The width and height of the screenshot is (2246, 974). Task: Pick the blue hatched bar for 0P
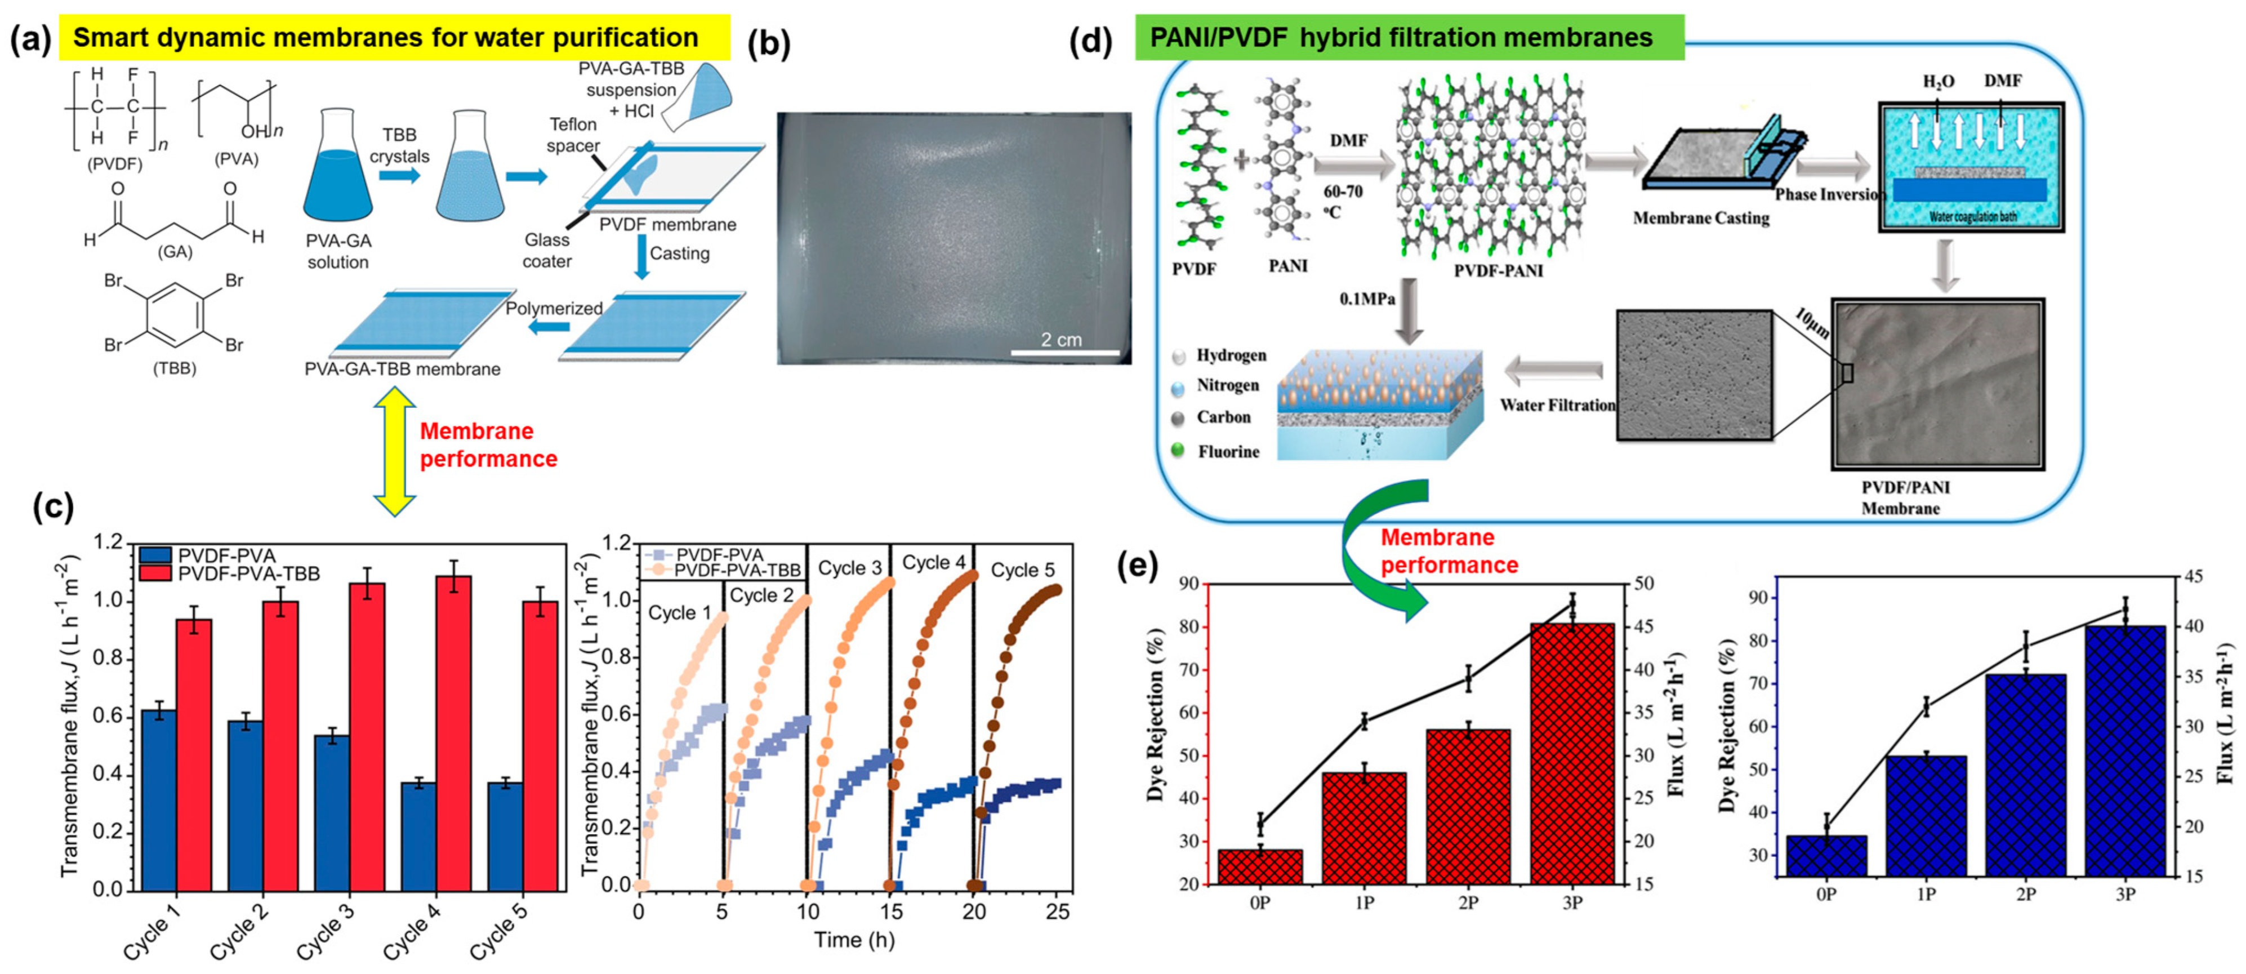tap(1826, 855)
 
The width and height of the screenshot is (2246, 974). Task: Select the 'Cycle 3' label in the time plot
tap(849, 568)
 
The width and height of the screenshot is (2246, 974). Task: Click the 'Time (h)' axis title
tap(854, 940)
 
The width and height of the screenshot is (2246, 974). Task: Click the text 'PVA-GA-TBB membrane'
tap(402, 369)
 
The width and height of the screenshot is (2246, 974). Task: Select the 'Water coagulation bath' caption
tap(1973, 216)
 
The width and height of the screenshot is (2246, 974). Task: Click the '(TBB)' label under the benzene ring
tap(175, 368)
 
